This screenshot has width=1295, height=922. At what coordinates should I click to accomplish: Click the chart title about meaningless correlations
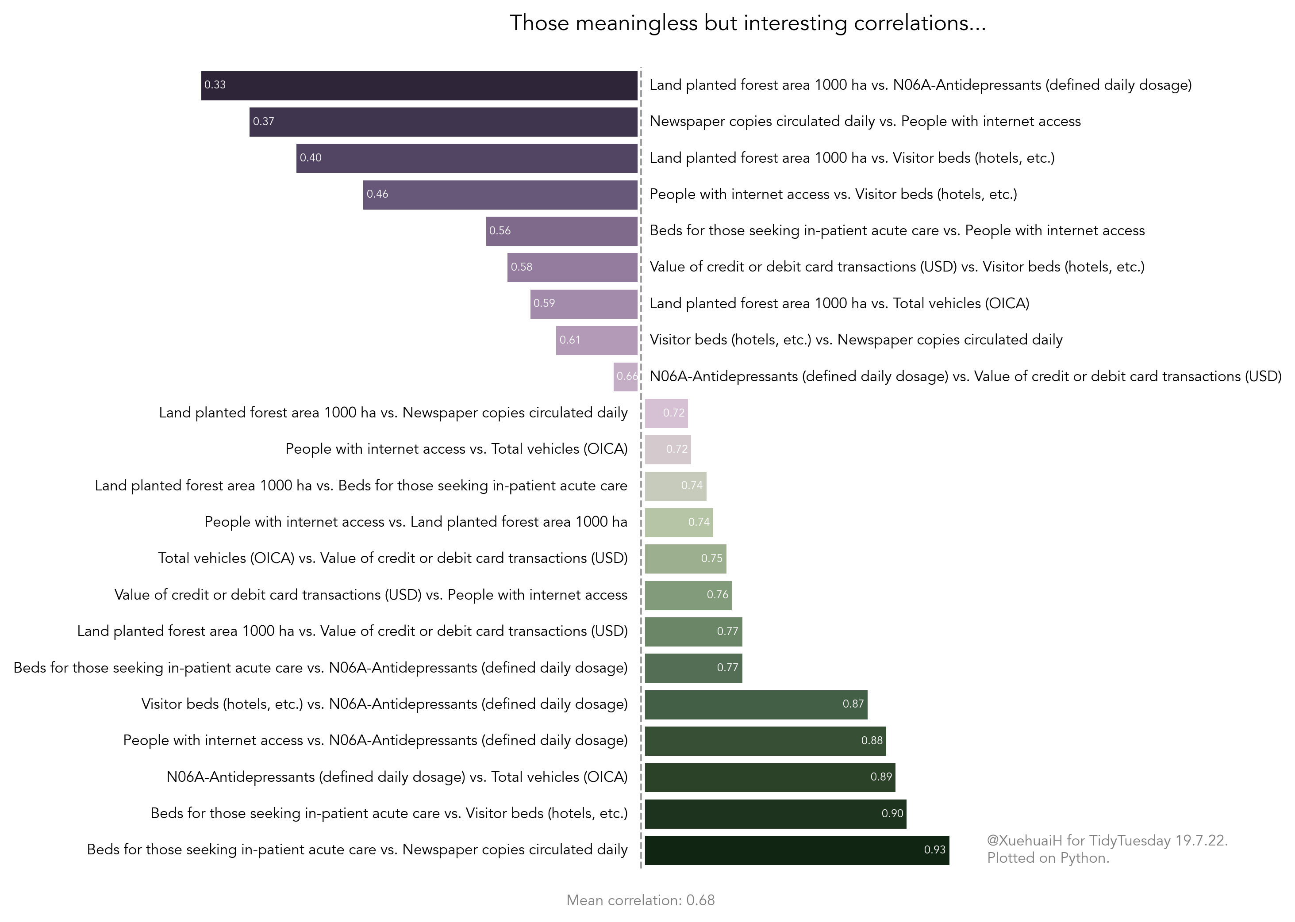click(747, 23)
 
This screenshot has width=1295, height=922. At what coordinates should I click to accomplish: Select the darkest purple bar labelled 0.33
click(419, 86)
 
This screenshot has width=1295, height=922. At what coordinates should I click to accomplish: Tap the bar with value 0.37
click(443, 122)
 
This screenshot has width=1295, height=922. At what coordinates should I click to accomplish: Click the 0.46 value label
click(377, 194)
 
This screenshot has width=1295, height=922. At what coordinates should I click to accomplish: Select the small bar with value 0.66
click(625, 377)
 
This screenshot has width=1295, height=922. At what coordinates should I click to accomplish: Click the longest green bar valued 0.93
click(796, 850)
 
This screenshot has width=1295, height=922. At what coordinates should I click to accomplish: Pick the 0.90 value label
click(892, 814)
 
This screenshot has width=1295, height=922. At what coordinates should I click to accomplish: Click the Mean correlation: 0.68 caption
click(640, 900)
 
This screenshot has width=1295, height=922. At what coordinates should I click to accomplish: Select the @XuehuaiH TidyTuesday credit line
click(1107, 841)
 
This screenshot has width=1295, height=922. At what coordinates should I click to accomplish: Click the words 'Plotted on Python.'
click(1048, 858)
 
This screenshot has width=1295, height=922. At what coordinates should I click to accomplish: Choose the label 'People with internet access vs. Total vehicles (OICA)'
click(456, 449)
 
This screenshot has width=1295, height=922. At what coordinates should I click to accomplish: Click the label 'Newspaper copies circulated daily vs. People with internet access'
click(865, 122)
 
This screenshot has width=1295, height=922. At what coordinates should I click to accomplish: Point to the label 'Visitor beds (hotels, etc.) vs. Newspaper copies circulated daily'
click(855, 340)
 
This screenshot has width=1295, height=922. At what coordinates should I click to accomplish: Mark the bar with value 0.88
click(765, 741)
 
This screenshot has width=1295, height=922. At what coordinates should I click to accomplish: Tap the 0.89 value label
click(881, 777)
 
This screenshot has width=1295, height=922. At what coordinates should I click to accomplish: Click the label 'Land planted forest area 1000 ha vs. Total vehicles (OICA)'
click(839, 304)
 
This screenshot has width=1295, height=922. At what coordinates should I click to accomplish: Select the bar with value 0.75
click(685, 559)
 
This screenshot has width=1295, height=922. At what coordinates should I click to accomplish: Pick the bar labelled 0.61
click(596, 340)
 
